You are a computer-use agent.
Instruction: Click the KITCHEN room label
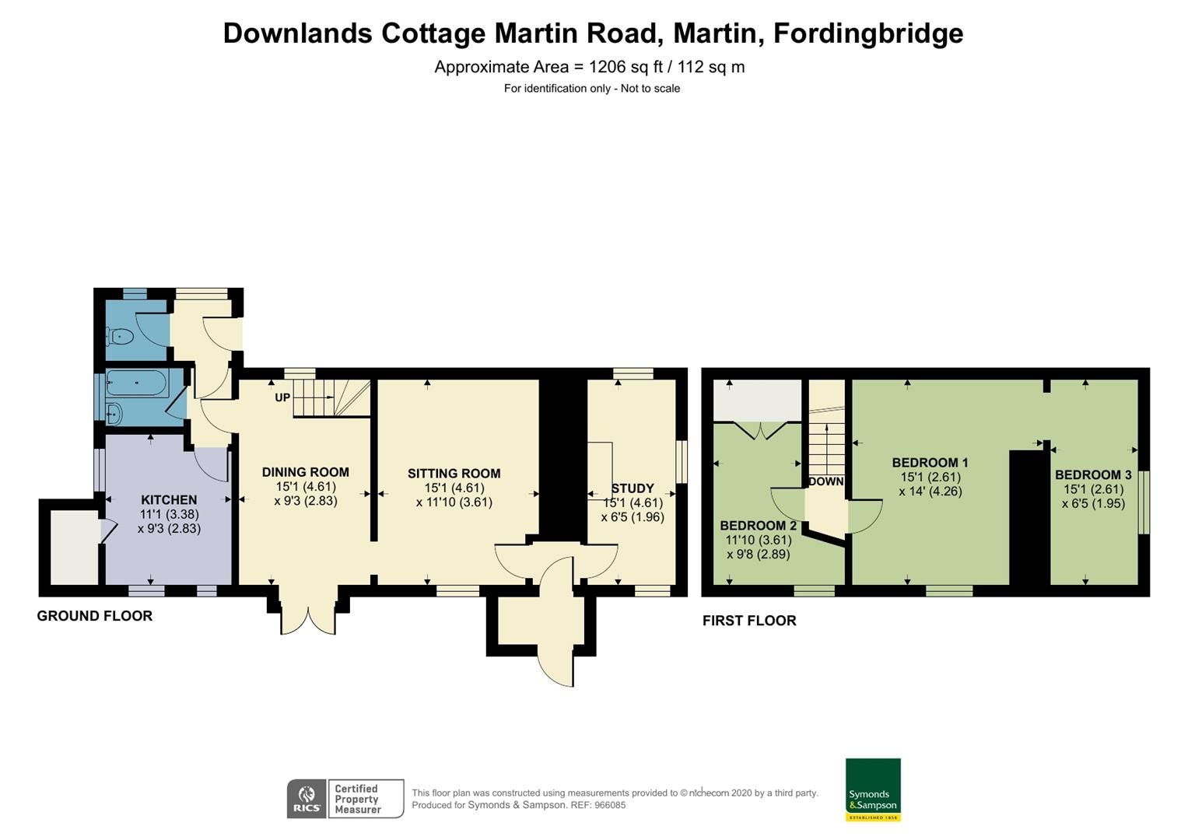coord(169,499)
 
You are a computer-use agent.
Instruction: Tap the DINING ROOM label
coord(305,472)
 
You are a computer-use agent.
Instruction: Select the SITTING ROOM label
coord(454,473)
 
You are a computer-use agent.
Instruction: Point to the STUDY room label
coord(633,488)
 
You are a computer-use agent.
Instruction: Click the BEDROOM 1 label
coord(930,462)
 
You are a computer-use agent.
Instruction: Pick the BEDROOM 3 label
coord(1092,474)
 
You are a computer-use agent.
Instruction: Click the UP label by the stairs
coord(282,397)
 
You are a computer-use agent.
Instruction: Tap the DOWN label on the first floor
coord(825,481)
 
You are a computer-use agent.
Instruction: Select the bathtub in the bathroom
coord(136,383)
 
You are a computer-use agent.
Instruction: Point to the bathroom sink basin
coord(114,414)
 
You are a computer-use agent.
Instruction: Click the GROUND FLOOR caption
coord(95,616)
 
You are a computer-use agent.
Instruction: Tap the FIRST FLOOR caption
coord(749,621)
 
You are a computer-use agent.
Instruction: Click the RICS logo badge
coord(307,799)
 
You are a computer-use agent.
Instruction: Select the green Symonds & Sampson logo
coord(873,789)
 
